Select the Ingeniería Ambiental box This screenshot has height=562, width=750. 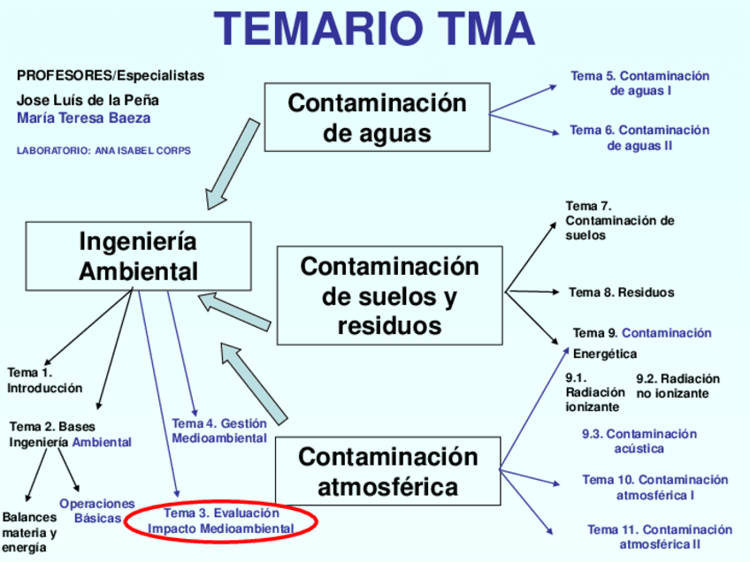point(138,255)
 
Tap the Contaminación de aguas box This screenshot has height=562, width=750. point(377,118)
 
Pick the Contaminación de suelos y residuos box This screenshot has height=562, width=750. point(389,296)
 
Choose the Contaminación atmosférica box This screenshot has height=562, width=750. point(387,472)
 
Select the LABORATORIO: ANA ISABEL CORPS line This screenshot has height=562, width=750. point(103,150)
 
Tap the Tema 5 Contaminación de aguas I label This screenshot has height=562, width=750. point(640,83)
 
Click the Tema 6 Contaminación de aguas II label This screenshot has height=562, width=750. point(639,138)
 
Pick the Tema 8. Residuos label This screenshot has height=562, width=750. point(621,292)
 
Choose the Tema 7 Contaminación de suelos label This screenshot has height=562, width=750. point(619,220)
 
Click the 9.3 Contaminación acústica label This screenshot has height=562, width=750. point(639,441)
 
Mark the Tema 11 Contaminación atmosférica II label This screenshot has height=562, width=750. point(660,537)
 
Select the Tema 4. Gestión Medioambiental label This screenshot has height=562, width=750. point(219,430)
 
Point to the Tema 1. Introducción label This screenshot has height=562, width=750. point(44,380)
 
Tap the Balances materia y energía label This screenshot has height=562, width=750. point(28,532)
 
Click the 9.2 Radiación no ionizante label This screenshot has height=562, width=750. point(677,386)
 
